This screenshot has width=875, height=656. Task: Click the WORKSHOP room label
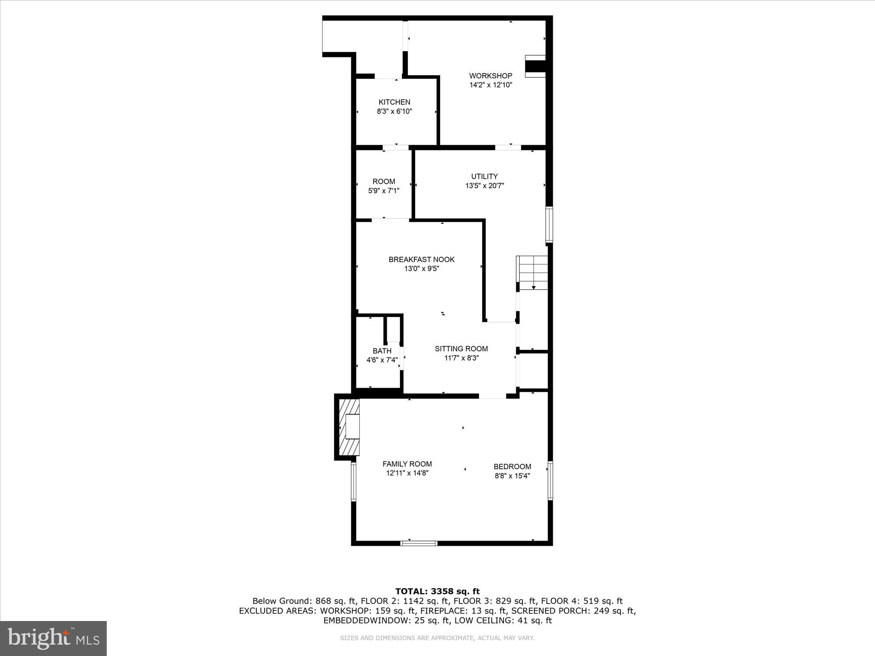(490, 76)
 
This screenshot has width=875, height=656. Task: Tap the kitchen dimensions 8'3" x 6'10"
(394, 112)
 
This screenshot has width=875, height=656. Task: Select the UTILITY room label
(484, 176)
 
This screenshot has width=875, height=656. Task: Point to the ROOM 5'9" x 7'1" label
(384, 186)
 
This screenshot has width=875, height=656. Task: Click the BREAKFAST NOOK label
(421, 260)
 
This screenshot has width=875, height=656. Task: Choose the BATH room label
(382, 351)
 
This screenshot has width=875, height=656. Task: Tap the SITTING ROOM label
(461, 349)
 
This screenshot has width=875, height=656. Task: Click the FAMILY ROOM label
(407, 464)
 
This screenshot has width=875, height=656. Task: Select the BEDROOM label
(512, 467)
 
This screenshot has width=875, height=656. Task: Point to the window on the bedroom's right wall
(550, 481)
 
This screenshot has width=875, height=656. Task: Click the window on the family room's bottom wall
(419, 543)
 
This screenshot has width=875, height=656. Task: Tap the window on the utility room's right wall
(549, 225)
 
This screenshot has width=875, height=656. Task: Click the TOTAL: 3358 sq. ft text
(437, 592)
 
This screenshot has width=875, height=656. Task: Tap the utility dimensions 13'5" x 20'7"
(484, 186)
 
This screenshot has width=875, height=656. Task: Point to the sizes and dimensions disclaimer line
(437, 638)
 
